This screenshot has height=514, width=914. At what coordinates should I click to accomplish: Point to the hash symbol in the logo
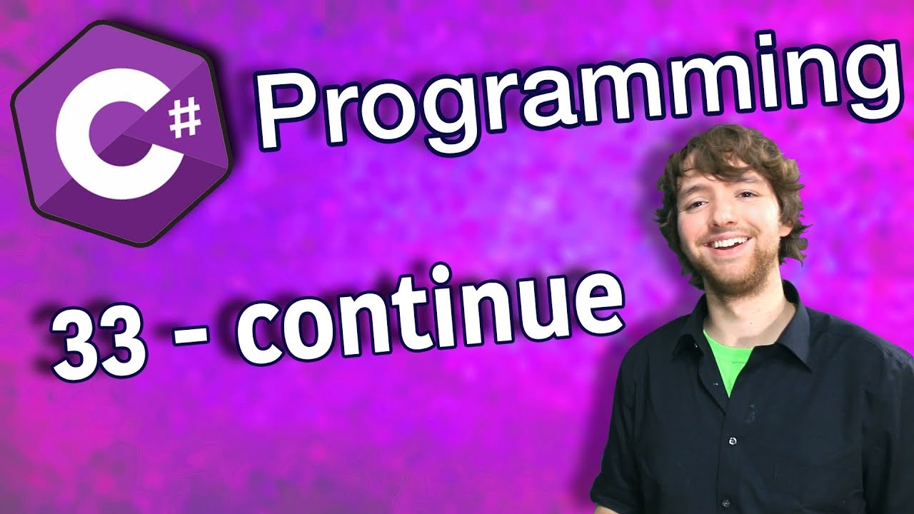tap(185, 119)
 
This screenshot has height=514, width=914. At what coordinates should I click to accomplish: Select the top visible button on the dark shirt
tap(733, 440)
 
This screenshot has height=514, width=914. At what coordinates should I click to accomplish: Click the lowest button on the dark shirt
tap(735, 503)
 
